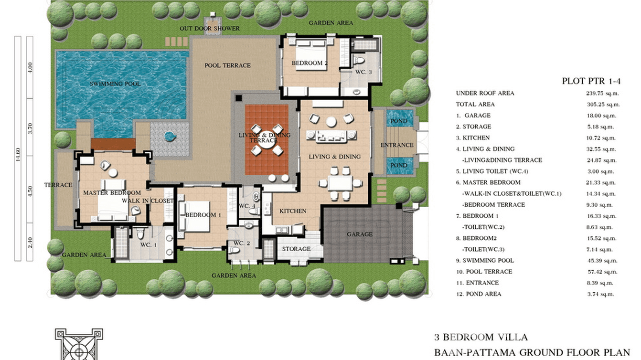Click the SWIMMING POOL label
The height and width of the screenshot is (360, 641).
click(115, 84)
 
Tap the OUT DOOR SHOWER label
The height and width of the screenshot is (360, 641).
click(210, 29)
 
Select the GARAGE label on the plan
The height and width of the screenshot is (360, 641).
click(360, 234)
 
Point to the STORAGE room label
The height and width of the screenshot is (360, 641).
click(296, 249)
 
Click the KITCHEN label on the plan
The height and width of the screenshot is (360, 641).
click(293, 211)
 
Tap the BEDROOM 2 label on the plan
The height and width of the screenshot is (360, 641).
click(310, 63)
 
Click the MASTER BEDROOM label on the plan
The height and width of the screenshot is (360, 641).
click(112, 193)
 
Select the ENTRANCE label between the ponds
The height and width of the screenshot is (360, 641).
click(396, 145)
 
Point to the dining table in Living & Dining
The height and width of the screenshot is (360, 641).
click(340, 182)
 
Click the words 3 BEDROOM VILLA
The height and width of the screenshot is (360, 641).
click(481, 338)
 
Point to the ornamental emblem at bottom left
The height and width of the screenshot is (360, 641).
click(79, 344)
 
